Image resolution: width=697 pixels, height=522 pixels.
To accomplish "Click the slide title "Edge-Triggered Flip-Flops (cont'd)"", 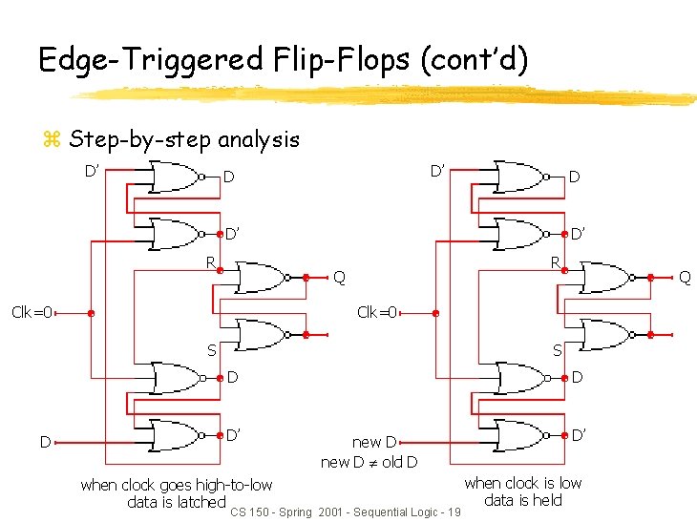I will pos(283,59).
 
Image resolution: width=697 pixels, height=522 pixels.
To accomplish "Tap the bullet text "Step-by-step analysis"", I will pos(184,139).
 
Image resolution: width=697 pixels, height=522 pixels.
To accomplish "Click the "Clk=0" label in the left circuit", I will pos(32,311).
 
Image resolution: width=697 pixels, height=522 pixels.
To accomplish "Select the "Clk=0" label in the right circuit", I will pos(377,311).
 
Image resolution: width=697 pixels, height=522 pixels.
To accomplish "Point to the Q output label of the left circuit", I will pos(339,278).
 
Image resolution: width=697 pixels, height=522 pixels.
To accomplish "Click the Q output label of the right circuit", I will pos(684,278).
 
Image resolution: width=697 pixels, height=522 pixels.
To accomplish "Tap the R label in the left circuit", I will pos(211,262).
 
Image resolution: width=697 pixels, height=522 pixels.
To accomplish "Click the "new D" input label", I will pos(374,442).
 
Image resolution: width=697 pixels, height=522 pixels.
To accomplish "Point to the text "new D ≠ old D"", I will pos(369,463).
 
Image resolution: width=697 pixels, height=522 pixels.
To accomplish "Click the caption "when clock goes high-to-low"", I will pos(177,485).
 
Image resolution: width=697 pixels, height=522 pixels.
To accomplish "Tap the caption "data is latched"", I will pos(176,502).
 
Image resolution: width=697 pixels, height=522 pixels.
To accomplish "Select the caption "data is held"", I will pos(522,500).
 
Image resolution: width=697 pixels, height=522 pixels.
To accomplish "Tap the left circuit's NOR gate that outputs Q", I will pos(262,278).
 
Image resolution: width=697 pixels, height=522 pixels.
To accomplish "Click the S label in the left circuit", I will pos(211,351).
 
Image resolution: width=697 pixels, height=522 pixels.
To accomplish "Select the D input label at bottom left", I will pos(44,442).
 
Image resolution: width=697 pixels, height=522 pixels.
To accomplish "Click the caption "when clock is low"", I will pos(522,483).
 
